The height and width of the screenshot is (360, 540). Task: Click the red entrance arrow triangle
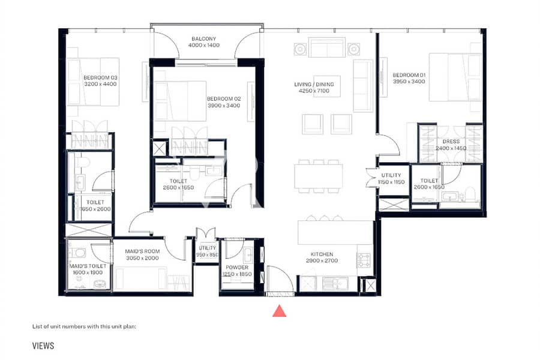[x=279, y=311]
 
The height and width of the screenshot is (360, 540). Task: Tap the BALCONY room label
[x=204, y=39]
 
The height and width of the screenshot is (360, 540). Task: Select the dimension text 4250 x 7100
[x=314, y=91]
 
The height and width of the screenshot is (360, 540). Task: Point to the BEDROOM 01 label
[x=409, y=75]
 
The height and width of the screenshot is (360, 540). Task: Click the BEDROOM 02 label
[x=224, y=99]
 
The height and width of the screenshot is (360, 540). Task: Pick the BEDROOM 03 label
[x=100, y=78]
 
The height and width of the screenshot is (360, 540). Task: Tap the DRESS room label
[x=451, y=142]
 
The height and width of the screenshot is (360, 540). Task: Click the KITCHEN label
[x=322, y=254]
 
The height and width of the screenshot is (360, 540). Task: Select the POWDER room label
[x=237, y=268]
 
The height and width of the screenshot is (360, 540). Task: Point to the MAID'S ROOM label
[x=142, y=251]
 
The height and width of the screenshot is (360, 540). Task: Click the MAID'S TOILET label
[x=88, y=266]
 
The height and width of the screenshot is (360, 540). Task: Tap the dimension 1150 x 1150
[x=391, y=182]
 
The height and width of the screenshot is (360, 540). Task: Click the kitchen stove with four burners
[x=364, y=260]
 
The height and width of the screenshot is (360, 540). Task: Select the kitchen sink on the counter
[x=335, y=284]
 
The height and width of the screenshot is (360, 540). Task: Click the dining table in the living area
[x=319, y=176]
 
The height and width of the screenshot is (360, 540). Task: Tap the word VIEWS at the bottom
[x=43, y=346]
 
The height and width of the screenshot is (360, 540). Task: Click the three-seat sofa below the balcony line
[x=327, y=47]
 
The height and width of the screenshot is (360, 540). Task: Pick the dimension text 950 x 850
[x=208, y=255]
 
